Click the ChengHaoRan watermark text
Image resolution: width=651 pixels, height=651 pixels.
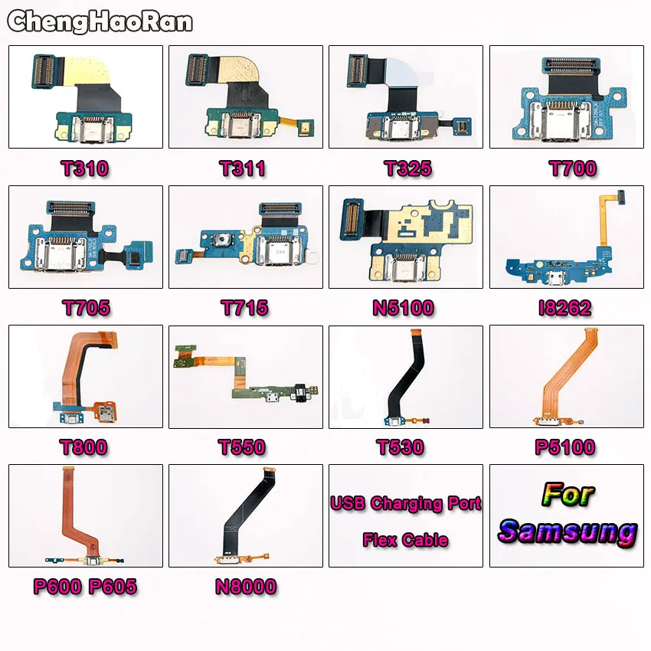tap(100, 21)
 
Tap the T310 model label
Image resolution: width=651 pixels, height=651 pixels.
tap(85, 168)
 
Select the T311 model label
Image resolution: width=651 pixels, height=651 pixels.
tap(243, 168)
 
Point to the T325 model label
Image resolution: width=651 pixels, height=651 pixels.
tap(408, 168)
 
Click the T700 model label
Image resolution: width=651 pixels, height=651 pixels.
tap(573, 168)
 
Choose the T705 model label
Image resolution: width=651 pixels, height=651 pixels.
tap(87, 308)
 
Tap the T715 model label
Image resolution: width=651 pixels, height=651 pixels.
tap(244, 308)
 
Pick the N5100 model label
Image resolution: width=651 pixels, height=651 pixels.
tap(404, 308)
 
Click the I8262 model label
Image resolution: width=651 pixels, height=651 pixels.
tap(564, 308)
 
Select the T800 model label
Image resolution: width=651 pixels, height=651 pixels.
tap(84, 447)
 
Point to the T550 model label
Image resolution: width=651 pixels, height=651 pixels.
tap(241, 447)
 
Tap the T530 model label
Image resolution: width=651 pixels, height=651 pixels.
tap(401, 447)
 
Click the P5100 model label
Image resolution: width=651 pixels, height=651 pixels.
tap(565, 447)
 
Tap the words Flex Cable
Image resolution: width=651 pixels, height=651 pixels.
tap(406, 540)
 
